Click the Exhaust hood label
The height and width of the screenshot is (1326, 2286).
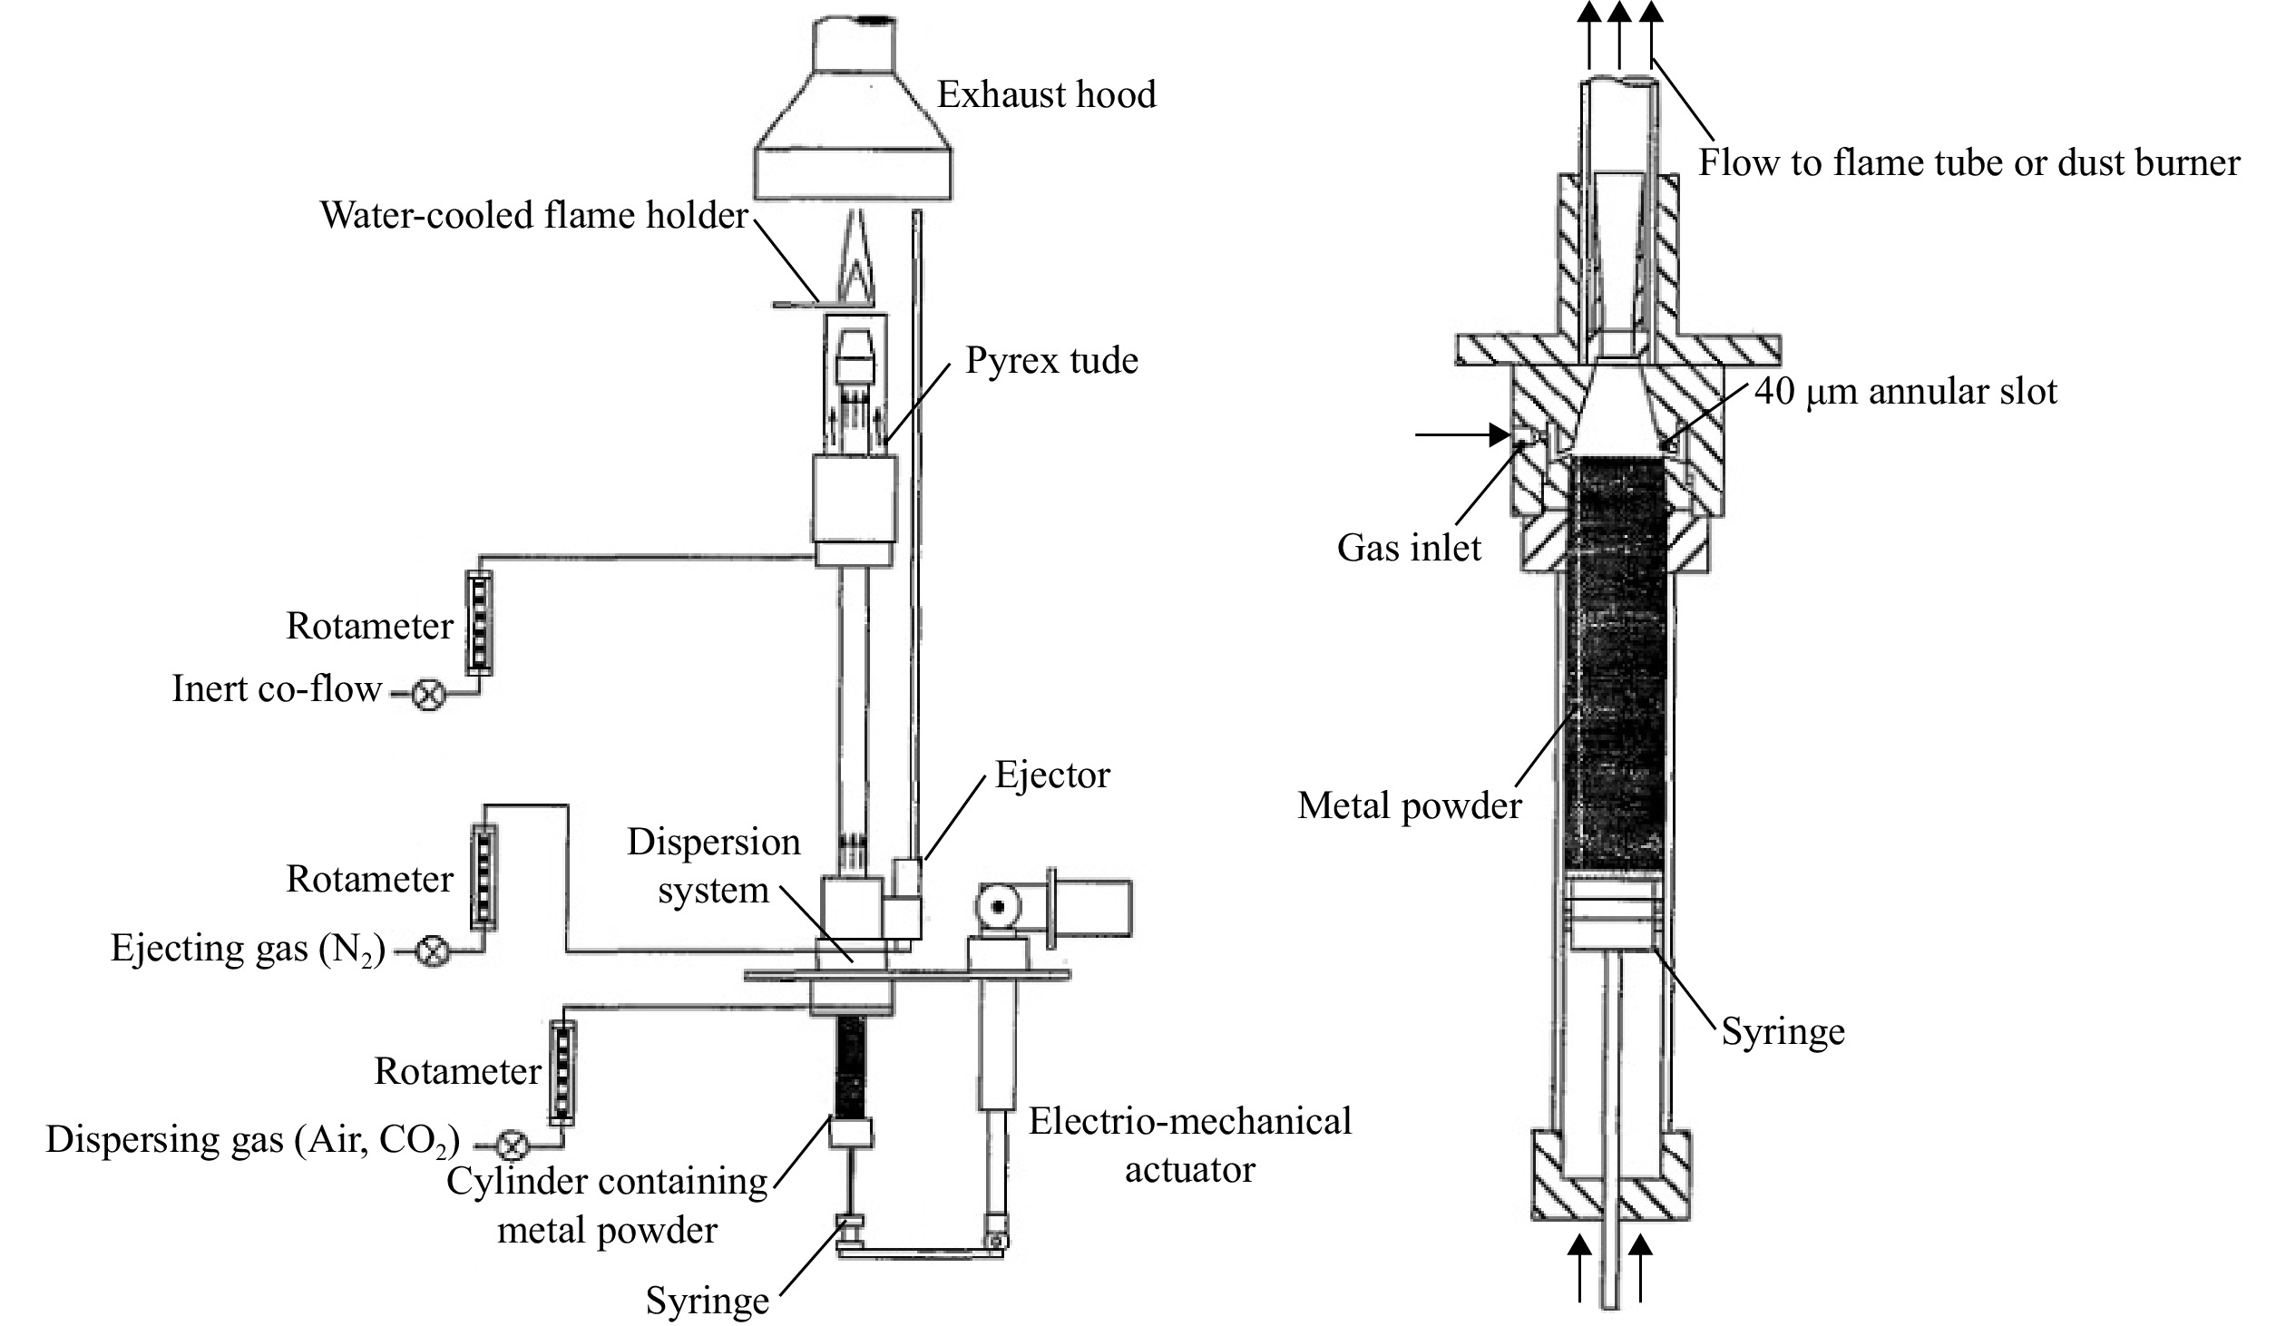[1046, 94]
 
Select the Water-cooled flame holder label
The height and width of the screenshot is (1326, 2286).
[534, 216]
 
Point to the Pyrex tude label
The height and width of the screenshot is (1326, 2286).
[1051, 360]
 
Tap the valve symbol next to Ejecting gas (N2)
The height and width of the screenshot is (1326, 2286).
[433, 951]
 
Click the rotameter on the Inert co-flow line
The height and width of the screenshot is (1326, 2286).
[479, 622]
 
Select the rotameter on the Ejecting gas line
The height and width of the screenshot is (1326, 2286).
[484, 876]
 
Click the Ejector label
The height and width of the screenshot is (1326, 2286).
[1052, 775]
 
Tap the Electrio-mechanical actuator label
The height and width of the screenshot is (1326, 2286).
[1190, 1145]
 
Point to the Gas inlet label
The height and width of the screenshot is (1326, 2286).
[1409, 547]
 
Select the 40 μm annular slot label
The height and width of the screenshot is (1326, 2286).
[1906, 391]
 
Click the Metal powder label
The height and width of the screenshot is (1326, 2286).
[1409, 805]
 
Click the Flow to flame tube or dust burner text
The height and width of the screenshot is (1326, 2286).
[1969, 163]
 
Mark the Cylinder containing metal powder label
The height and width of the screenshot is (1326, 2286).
[608, 1205]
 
